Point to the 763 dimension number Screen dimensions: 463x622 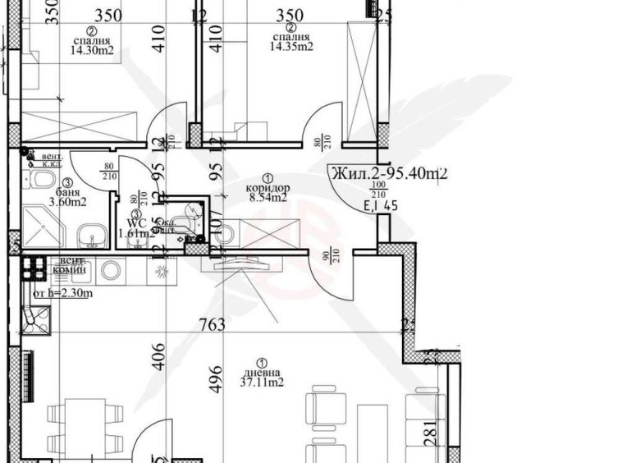[x=212, y=325]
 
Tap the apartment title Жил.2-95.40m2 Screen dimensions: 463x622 [x=388, y=172]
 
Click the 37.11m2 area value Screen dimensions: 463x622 [x=261, y=383]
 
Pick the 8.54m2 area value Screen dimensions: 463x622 [x=268, y=197]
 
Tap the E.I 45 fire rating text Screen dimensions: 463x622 [x=380, y=206]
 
